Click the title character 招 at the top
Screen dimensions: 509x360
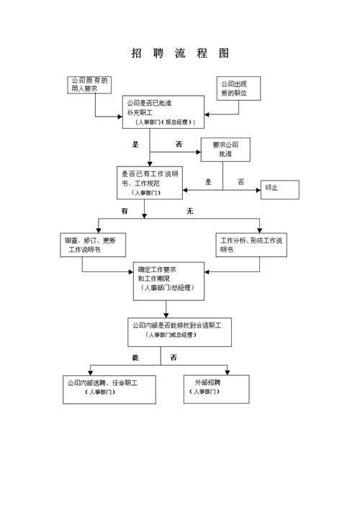(137, 53)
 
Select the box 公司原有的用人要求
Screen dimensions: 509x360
(90, 85)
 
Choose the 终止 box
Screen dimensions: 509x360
(279, 188)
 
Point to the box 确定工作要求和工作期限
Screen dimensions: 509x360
(167, 279)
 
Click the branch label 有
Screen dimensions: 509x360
(125, 212)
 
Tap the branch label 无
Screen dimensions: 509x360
(190, 212)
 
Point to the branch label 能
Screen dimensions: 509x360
(135, 358)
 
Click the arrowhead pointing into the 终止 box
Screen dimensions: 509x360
(257, 189)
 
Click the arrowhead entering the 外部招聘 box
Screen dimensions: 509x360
(228, 371)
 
